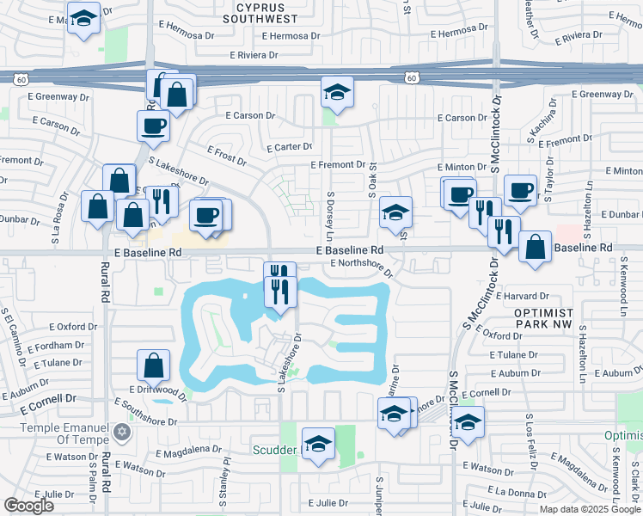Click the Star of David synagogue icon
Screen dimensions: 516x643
(x=121, y=429)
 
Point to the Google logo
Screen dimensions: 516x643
(x=29, y=506)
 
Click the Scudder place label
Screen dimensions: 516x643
(x=274, y=449)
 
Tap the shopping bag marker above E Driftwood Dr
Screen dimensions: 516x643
(x=153, y=365)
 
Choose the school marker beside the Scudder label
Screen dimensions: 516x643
(x=318, y=445)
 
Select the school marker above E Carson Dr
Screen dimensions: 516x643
(x=338, y=93)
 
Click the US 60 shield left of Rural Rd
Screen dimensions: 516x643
(x=21, y=78)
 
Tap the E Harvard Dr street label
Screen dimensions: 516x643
(x=518, y=296)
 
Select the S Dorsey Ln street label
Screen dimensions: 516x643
(x=329, y=215)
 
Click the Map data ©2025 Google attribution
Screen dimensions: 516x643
(x=590, y=508)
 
